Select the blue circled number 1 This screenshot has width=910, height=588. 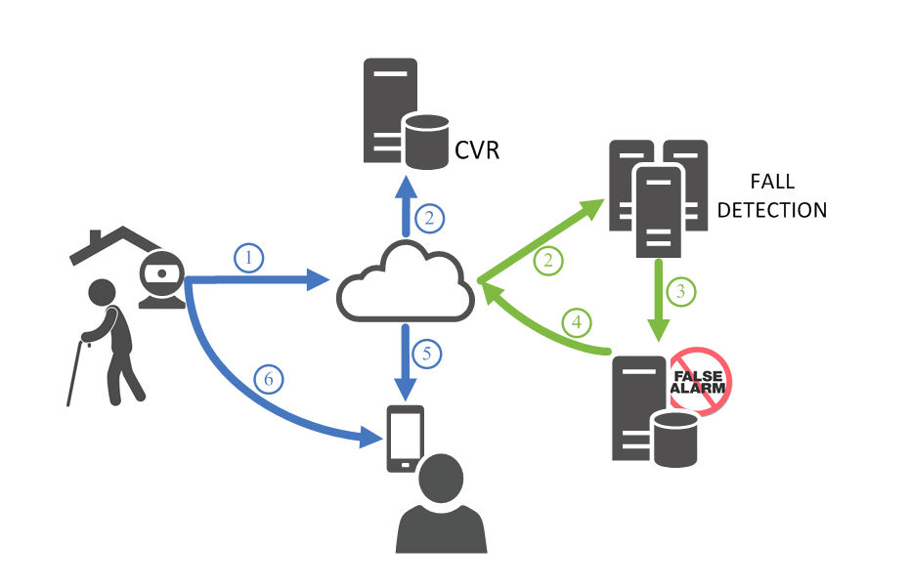(x=249, y=258)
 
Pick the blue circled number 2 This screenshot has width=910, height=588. (x=427, y=219)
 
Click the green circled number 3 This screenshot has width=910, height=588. (x=680, y=290)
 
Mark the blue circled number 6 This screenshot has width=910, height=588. (x=268, y=378)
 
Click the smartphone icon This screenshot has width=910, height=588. (x=406, y=438)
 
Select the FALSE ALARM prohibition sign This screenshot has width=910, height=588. (x=698, y=382)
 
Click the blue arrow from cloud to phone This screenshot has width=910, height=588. (x=403, y=362)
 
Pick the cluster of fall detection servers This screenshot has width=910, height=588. (x=658, y=196)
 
